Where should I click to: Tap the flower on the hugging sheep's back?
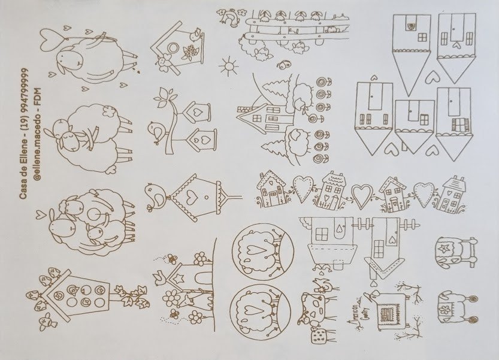(108, 111)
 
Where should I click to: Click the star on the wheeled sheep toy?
(445, 246)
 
